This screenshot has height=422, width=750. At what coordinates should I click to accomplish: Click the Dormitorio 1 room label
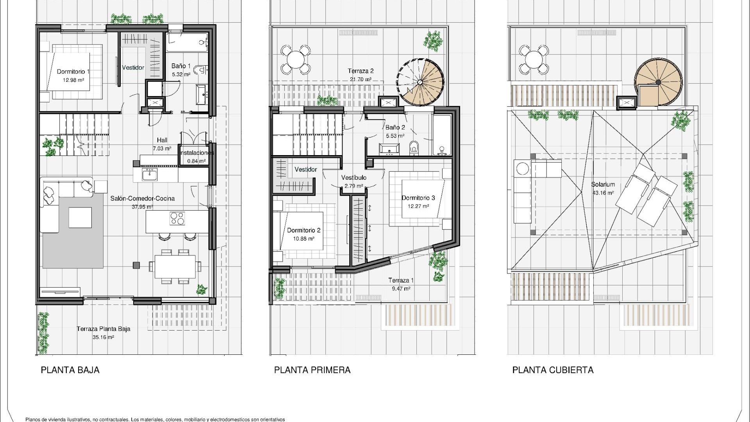73,72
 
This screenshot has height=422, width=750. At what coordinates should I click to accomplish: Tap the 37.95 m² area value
142,207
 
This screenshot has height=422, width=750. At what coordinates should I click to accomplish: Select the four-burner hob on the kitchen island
177,218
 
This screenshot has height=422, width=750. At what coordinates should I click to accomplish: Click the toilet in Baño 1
201,70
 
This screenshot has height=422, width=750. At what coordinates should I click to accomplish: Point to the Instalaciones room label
197,153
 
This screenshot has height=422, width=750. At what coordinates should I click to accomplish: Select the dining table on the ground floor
175,266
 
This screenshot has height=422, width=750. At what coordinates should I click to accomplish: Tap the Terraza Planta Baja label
103,329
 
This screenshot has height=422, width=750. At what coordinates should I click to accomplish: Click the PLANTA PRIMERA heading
312,370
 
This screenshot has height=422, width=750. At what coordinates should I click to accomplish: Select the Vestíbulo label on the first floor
354,178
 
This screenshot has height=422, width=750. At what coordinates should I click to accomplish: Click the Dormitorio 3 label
418,198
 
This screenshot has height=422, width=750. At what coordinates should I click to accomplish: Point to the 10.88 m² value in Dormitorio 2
304,238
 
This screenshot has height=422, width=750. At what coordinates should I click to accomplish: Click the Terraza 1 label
401,280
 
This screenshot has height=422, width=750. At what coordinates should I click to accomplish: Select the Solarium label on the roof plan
603,184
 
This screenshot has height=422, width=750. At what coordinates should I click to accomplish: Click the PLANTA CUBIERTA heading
553,370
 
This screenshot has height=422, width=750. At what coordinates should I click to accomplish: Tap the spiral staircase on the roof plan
658,82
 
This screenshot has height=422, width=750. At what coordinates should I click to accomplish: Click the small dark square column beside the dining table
136,265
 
